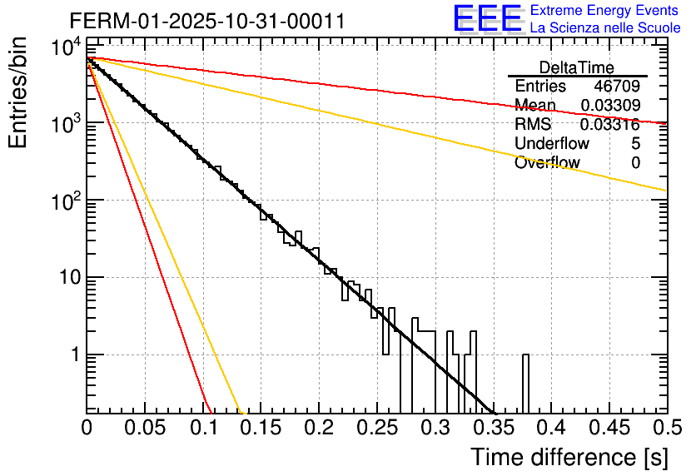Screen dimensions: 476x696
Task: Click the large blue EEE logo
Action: tap(487, 19)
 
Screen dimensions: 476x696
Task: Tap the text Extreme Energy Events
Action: tap(605, 11)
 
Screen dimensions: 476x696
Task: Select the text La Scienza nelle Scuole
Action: tap(605, 28)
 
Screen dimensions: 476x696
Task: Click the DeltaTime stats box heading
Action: tap(576, 67)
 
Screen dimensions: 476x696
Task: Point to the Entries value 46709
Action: tap(617, 87)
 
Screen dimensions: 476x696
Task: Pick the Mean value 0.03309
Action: tap(611, 106)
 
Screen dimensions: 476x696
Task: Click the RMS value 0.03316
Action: tap(611, 125)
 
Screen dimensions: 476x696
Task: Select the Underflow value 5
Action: tap(635, 144)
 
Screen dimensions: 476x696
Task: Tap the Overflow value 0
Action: tap(635, 163)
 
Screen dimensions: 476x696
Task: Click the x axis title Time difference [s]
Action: tap(569, 457)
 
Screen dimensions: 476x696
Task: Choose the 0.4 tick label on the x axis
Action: tap(551, 429)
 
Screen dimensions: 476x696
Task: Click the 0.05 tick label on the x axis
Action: tap(145, 429)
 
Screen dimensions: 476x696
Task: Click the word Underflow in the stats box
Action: tap(552, 144)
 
